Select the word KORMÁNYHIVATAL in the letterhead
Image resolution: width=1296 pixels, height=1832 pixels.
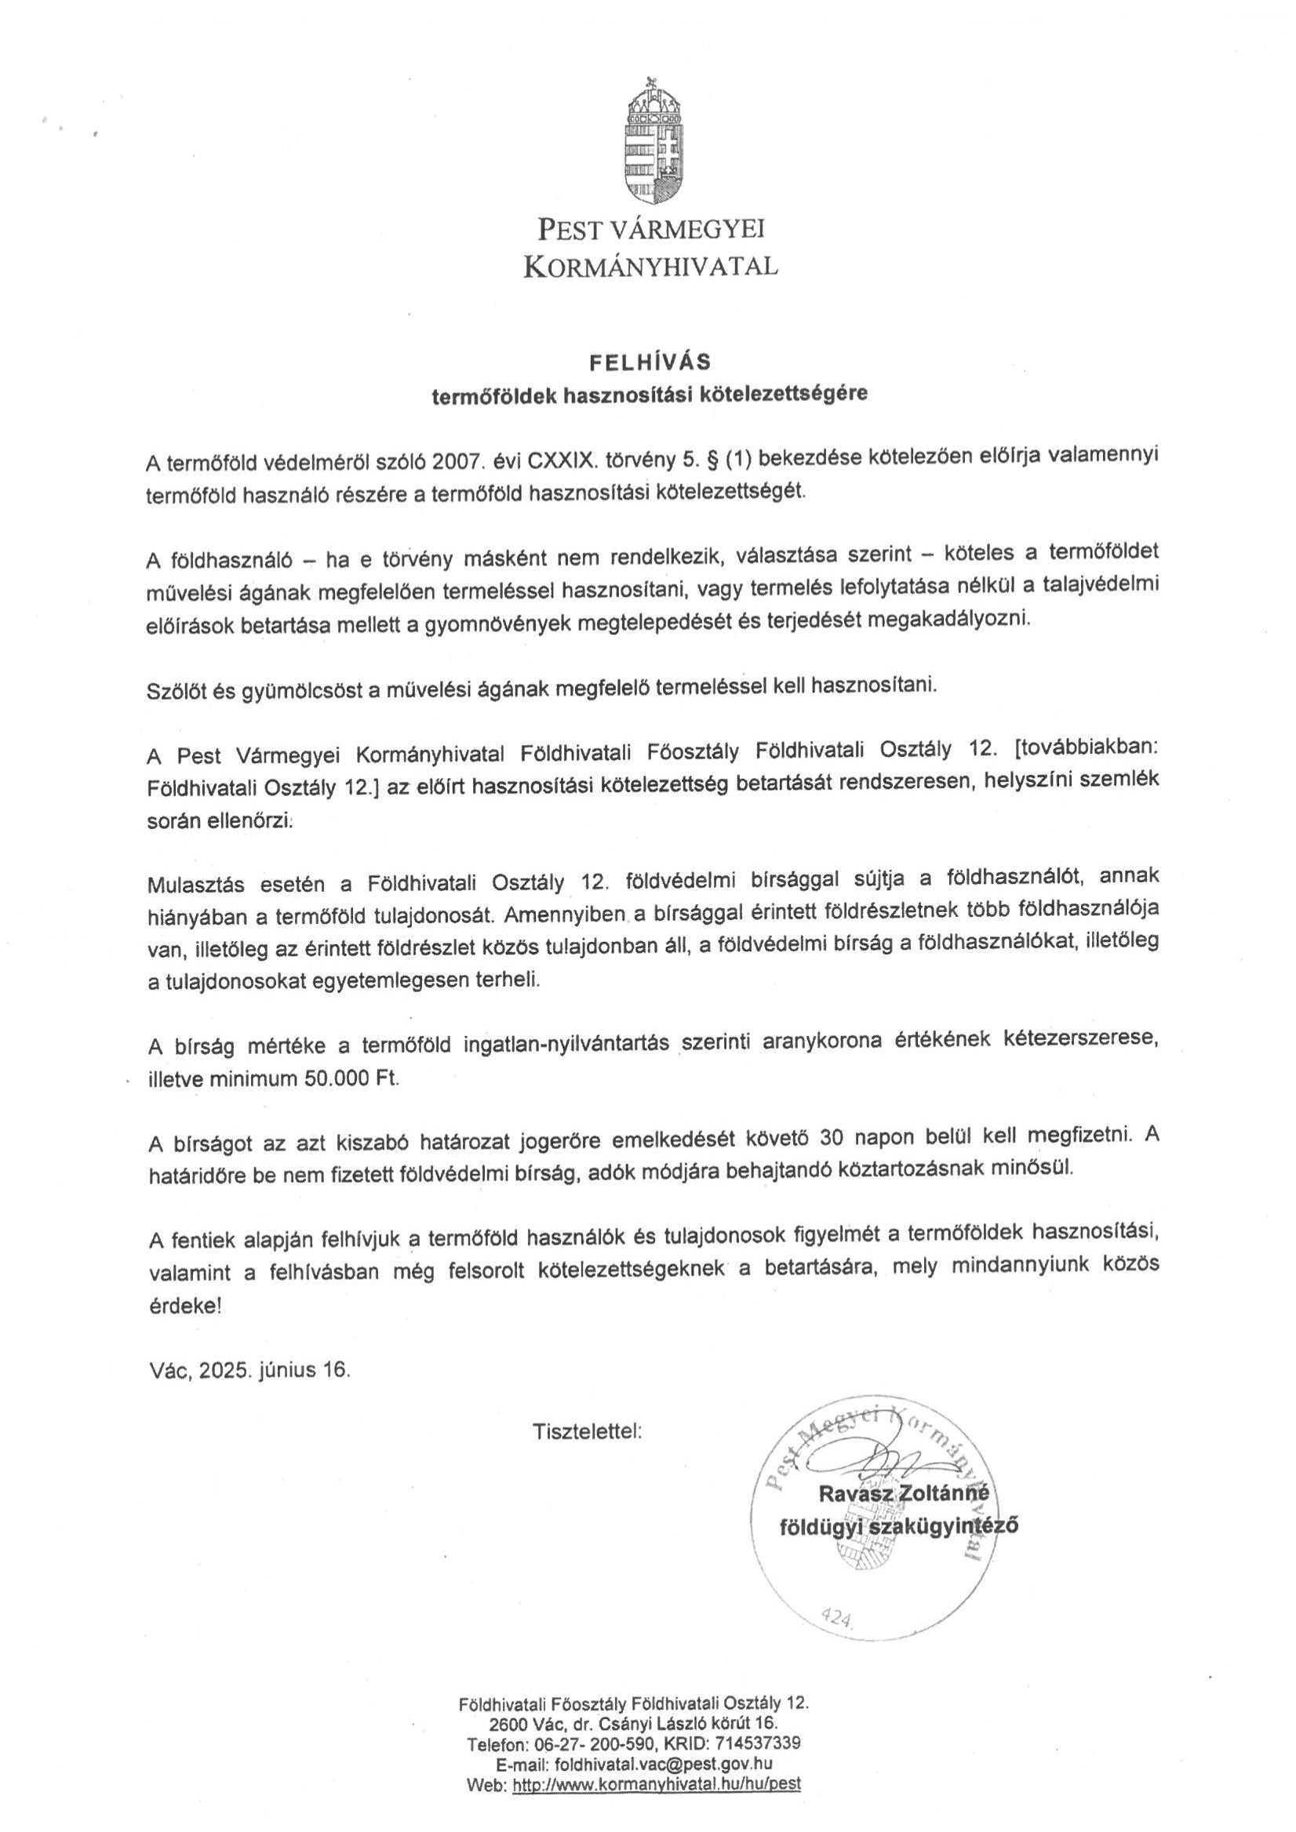[650, 267]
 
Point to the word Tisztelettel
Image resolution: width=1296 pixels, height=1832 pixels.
[588, 1430]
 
